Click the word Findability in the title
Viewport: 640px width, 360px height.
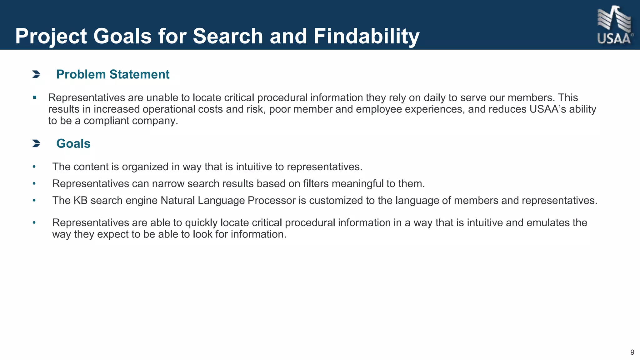point(366,36)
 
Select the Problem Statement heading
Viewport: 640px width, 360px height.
point(113,74)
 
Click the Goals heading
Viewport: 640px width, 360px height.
point(73,144)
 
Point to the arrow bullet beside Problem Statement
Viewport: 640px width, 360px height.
point(36,74)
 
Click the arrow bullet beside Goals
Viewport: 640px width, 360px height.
point(36,144)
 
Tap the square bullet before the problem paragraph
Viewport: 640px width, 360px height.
point(35,97)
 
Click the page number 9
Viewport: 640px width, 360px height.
point(632,352)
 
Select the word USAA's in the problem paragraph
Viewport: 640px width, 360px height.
point(547,109)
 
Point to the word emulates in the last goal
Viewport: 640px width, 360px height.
point(548,223)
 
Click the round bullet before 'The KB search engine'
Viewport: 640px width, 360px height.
point(34,201)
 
